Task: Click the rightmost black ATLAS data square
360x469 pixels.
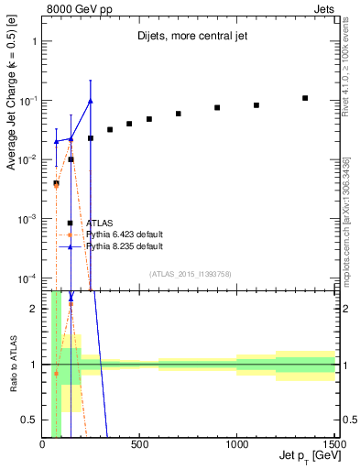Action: [x=305, y=98]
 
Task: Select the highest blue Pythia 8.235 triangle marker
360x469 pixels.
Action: [x=90, y=101]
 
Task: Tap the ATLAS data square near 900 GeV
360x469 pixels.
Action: [x=217, y=107]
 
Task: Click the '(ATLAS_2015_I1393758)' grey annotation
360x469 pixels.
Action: [x=190, y=273]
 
